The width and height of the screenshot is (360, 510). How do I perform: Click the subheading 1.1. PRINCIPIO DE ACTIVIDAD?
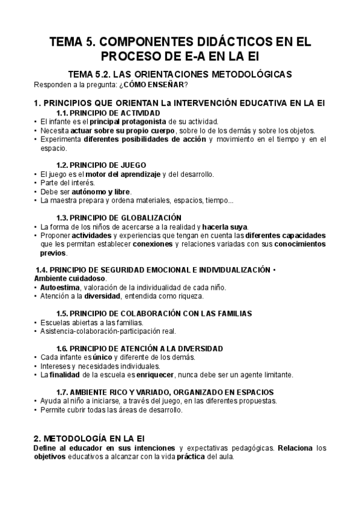pyautogui.click(x=108, y=113)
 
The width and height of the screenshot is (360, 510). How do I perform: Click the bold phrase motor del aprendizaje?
pyautogui.click(x=117, y=174)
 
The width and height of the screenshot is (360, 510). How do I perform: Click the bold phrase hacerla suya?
pyautogui.click(x=225, y=227)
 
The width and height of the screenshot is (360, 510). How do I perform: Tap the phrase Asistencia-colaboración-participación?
pyautogui.click(x=101, y=331)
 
